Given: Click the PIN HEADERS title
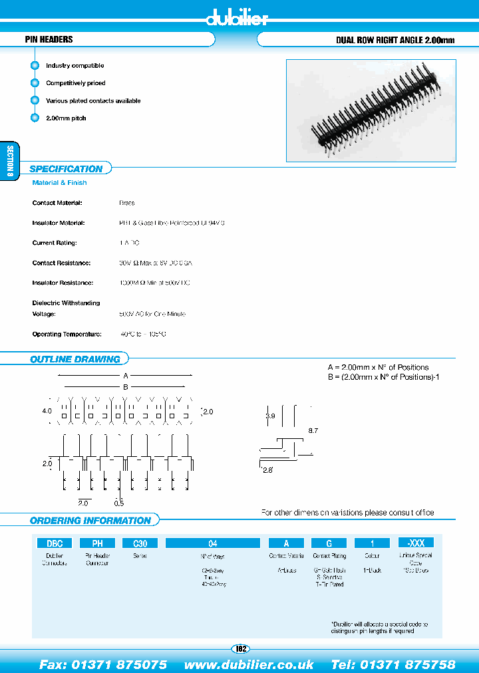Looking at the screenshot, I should (x=49, y=40).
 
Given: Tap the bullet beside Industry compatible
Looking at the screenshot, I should (x=35, y=66).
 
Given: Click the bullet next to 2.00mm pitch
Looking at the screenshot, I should (x=35, y=118).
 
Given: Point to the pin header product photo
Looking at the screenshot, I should (x=371, y=110).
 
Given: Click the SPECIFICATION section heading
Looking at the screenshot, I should (x=66, y=169).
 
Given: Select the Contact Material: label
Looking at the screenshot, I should (x=57, y=203).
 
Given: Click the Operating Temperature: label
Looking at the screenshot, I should (x=67, y=335).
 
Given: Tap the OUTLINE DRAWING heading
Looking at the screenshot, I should (x=75, y=359).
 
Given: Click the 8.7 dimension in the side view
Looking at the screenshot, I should (x=313, y=431).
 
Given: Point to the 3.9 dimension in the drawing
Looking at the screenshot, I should (x=270, y=416).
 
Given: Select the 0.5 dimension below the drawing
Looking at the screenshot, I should (x=119, y=502).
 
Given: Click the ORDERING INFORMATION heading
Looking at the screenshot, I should (x=90, y=520).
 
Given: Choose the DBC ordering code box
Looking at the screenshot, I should (x=54, y=543).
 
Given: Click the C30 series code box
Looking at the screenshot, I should (x=140, y=543).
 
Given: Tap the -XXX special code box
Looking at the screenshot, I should (x=415, y=543).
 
